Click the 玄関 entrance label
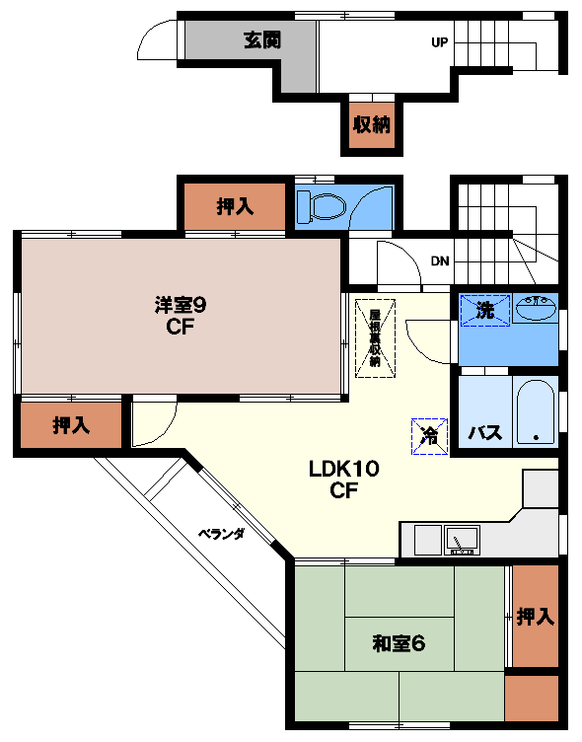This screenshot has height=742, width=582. (x=263, y=41)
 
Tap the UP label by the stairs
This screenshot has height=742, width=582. (x=439, y=42)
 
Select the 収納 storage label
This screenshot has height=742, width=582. (x=372, y=125)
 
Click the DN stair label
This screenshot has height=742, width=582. (x=440, y=261)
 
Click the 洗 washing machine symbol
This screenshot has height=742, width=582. (x=485, y=309)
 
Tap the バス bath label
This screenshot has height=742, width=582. (x=484, y=432)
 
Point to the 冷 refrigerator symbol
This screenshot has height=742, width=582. (x=430, y=434)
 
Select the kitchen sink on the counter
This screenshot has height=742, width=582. (x=461, y=540)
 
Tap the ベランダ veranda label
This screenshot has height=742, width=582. (x=222, y=534)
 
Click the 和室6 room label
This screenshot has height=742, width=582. (x=398, y=644)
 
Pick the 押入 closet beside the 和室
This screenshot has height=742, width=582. (x=535, y=617)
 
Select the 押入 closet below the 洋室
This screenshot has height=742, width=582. (x=71, y=425)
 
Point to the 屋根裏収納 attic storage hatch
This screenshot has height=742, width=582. (x=375, y=337)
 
